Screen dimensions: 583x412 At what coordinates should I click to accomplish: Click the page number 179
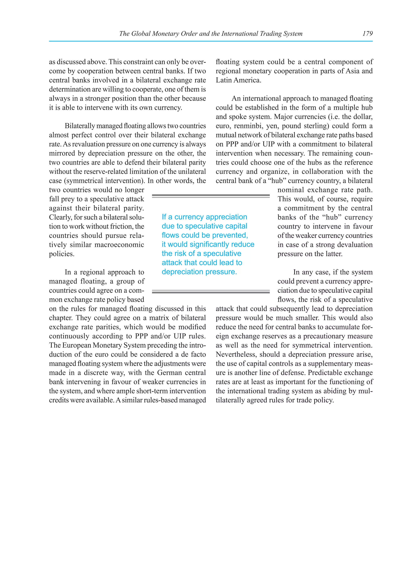367,33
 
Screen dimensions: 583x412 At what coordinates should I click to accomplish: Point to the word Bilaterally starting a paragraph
80,126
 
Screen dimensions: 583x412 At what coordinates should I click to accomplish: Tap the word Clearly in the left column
60,217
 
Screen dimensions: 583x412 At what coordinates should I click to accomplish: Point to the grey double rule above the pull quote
211,196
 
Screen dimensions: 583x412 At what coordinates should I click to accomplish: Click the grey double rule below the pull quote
211,291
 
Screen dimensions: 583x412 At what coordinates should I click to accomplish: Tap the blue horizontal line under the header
211,41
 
